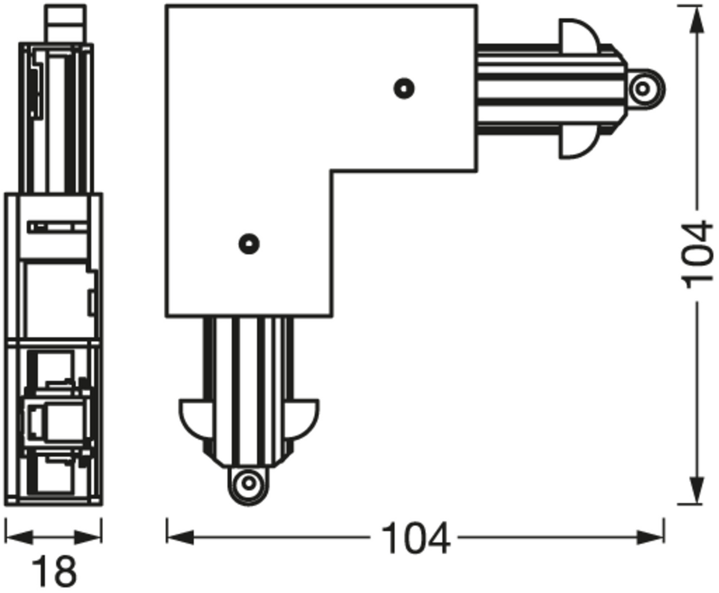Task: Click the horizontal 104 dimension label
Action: tap(415, 539)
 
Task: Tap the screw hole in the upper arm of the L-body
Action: tap(404, 88)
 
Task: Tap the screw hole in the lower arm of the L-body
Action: tap(249, 244)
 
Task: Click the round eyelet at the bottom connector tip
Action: tap(248, 484)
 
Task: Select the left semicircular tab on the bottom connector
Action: tap(193, 416)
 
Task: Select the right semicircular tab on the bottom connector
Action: tap(305, 416)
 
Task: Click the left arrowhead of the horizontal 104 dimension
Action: tap(180, 538)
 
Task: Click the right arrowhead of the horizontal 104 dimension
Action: tap(651, 538)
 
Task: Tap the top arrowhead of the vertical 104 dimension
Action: tap(697, 20)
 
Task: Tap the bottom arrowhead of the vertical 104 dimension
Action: tap(697, 490)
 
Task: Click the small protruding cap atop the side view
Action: tap(65, 23)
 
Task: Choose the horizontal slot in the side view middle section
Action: tap(57, 228)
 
